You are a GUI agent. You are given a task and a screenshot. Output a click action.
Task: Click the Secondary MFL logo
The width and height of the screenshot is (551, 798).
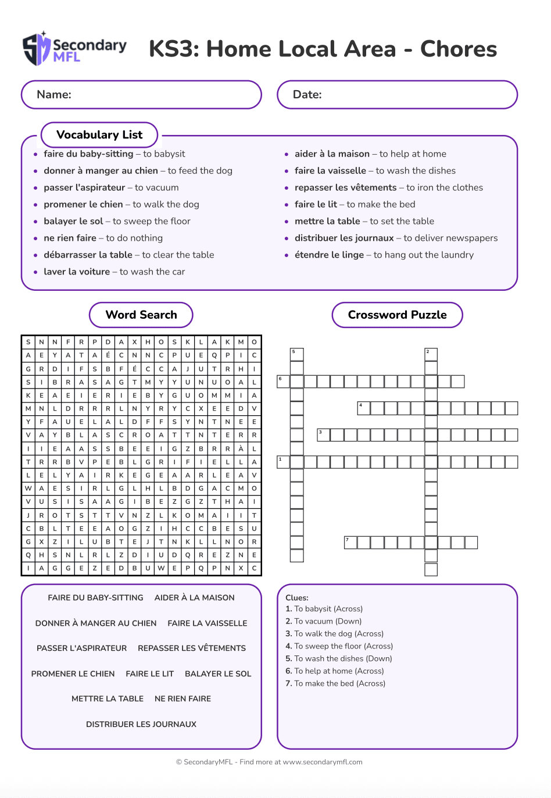[74, 49]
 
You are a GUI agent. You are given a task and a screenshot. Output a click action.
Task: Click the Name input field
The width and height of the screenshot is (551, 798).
[141, 95]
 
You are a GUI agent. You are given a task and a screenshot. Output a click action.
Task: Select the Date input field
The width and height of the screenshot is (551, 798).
[397, 95]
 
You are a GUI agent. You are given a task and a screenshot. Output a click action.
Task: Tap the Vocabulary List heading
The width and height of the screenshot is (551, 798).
[99, 135]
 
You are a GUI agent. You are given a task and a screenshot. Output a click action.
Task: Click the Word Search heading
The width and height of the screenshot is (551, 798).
[141, 315]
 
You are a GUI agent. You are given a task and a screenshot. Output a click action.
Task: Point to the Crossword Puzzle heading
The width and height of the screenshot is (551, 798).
[397, 315]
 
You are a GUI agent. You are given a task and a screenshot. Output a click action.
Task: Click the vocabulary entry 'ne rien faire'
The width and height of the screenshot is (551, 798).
[70, 238]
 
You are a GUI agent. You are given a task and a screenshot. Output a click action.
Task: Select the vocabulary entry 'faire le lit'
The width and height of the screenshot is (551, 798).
[316, 204]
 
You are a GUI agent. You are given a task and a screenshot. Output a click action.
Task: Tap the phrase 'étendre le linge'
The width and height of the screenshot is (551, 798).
[329, 255]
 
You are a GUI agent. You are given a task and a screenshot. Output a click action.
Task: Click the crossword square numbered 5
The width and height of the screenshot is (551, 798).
[296, 354]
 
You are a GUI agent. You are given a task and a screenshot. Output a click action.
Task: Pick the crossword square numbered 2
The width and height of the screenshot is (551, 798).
[431, 354]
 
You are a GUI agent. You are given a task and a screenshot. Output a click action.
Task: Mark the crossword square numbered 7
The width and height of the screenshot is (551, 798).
[350, 543]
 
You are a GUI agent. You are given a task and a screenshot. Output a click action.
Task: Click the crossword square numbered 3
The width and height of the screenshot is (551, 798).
[323, 434]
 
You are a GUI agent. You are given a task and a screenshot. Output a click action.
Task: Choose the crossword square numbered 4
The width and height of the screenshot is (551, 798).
[363, 408]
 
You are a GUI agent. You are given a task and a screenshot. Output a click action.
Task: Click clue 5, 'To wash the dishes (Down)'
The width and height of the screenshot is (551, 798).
[339, 658]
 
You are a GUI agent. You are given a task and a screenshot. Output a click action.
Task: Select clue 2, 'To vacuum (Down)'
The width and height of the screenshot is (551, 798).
[324, 621]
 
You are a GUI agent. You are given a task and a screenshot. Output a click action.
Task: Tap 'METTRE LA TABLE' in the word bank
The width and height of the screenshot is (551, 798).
[108, 699]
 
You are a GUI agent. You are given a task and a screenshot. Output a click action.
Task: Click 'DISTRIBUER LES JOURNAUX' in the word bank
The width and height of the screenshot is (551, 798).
[141, 724]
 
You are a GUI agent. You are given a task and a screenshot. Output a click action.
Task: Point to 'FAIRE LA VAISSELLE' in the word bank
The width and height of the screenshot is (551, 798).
[207, 623]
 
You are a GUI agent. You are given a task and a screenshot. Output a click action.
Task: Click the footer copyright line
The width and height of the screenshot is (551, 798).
[269, 762]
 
